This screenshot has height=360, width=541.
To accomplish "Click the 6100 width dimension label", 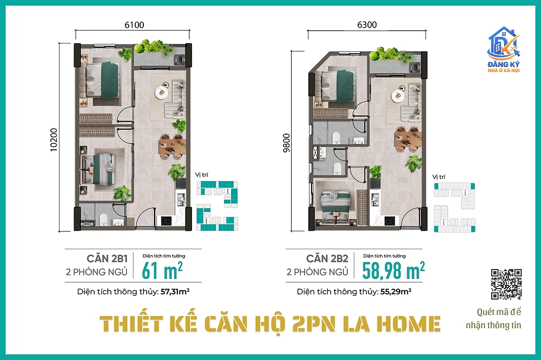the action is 134,25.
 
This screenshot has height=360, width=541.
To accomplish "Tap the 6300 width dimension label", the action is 367,25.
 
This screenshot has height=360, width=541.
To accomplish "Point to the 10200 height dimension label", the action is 54,140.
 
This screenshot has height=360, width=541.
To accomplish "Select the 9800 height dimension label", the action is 286,142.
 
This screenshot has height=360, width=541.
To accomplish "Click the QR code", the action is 506,284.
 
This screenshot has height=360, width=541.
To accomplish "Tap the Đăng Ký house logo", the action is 504,50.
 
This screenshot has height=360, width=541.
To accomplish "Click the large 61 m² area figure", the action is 162,270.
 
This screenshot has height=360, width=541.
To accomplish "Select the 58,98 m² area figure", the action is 393,270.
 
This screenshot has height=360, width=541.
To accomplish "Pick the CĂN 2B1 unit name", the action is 107,258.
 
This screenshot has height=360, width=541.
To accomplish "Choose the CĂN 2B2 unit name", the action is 327,258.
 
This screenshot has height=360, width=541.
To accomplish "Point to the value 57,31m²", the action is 175,292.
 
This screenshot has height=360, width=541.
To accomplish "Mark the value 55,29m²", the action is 396,292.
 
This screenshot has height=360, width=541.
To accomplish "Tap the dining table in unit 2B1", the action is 172,145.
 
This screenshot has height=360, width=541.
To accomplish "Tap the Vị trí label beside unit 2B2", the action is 439,177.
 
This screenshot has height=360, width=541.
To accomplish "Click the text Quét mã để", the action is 499,312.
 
